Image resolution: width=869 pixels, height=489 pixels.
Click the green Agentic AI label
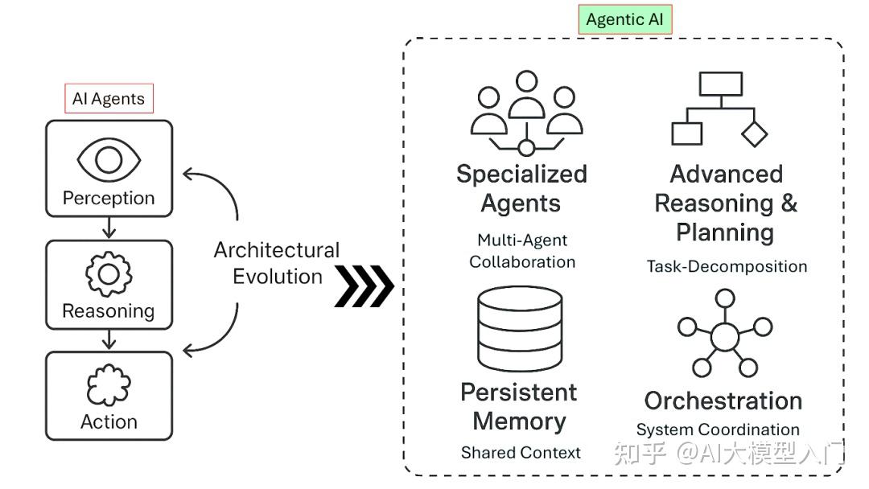click(625, 20)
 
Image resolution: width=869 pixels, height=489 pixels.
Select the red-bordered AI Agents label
click(109, 99)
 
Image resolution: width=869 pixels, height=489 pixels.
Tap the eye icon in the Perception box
click(109, 159)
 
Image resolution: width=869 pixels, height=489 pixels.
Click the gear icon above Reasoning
click(109, 274)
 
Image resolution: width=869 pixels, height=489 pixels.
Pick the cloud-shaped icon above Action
click(109, 386)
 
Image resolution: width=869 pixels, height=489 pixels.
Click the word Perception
click(109, 198)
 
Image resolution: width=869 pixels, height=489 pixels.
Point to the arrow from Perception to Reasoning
click(109, 228)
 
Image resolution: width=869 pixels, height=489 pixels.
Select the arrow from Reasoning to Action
click(109, 340)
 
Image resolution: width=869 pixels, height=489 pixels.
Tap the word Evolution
click(277, 277)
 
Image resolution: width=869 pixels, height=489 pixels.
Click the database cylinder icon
click(519, 328)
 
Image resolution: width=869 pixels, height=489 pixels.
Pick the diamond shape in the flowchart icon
click(754, 133)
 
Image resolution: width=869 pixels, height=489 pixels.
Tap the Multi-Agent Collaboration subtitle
click(522, 251)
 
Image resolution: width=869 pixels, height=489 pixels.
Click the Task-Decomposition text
click(727, 266)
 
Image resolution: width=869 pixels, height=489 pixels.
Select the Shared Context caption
click(521, 453)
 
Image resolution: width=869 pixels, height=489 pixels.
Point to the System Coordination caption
click(718, 429)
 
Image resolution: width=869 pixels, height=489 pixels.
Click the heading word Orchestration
click(723, 401)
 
